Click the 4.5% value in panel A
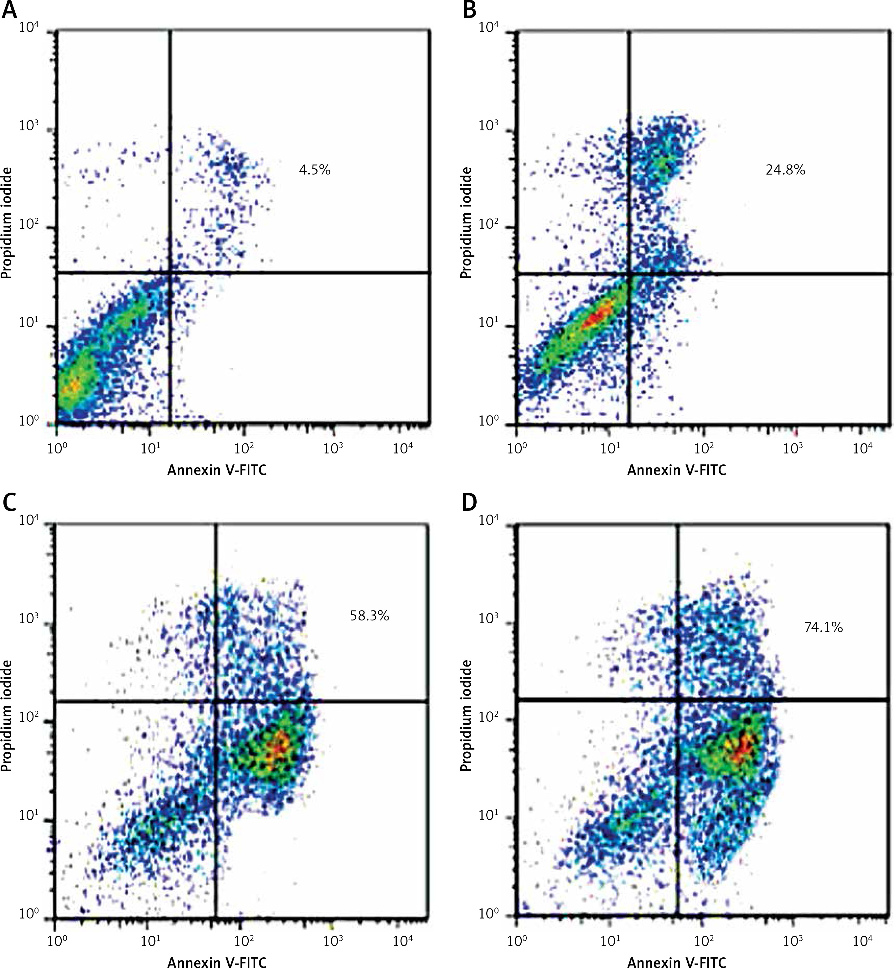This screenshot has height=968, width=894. tap(314, 170)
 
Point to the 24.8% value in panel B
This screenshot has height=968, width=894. tap(785, 170)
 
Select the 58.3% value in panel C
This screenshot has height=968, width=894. tap(369, 616)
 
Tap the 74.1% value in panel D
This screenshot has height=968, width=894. tap(823, 627)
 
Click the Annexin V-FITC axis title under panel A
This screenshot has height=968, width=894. tap(217, 470)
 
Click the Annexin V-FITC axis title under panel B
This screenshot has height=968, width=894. tap(677, 470)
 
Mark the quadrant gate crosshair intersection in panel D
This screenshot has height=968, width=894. tap(678, 699)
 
